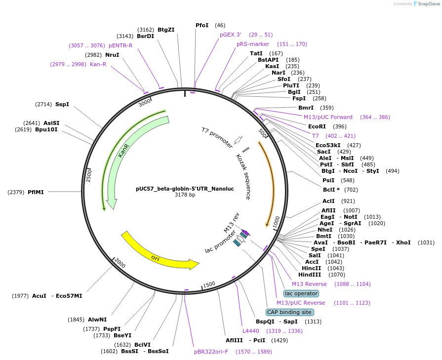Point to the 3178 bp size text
tap(185, 195)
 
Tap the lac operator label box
tap(301, 293)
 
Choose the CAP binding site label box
tap(289, 312)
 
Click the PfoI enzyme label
tap(202, 25)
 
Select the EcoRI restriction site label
tap(317, 126)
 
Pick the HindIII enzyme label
tap(310, 275)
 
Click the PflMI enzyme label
tap(36, 192)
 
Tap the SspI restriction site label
tap(62, 104)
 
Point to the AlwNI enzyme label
tap(97, 320)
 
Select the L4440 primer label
tap(250, 331)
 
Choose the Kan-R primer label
tap(98, 64)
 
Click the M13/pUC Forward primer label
tap(328, 117)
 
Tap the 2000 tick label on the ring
tap(120, 265)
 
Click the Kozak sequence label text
tap(243, 177)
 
